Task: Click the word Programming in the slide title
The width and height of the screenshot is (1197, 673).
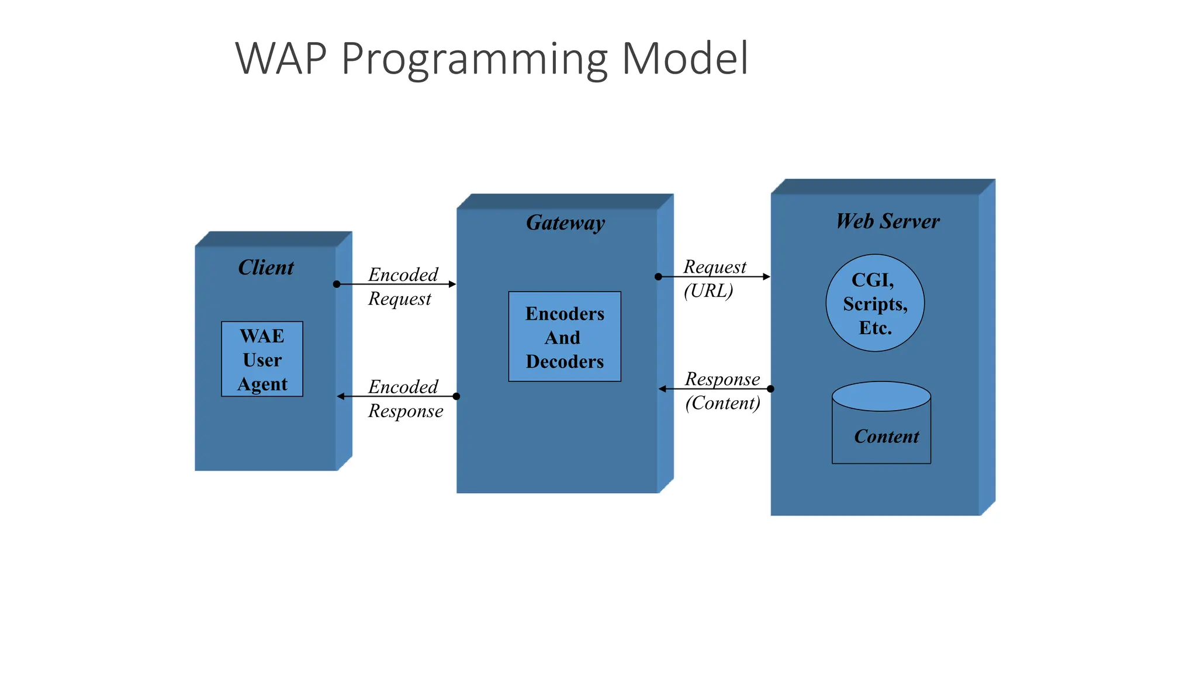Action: click(x=475, y=60)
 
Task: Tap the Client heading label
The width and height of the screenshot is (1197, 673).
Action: click(x=266, y=268)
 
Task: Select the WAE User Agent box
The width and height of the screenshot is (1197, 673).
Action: click(x=262, y=359)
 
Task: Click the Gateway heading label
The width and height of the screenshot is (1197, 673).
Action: click(x=565, y=223)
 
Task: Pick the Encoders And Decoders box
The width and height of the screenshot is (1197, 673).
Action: click(x=565, y=337)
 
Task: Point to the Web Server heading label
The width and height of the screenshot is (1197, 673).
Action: click(x=887, y=221)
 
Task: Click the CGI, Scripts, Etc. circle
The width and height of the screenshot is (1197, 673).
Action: click(x=875, y=303)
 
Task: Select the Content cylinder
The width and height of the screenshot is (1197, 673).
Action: click(x=881, y=424)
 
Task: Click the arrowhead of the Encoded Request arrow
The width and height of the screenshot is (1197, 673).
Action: click(x=452, y=284)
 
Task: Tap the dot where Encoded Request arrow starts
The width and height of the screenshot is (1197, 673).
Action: click(x=337, y=284)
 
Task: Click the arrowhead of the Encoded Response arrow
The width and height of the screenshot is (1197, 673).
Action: click(x=341, y=397)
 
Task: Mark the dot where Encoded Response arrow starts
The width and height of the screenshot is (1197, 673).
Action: click(x=456, y=397)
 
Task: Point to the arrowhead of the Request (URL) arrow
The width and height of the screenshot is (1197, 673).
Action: click(x=766, y=276)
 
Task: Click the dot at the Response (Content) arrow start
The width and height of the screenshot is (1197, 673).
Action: click(x=770, y=388)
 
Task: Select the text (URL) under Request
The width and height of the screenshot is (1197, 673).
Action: click(x=708, y=290)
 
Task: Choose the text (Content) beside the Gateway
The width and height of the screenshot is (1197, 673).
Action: click(x=722, y=403)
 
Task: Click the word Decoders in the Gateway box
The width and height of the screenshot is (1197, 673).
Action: click(x=565, y=362)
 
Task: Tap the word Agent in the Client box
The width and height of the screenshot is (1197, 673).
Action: click(x=262, y=384)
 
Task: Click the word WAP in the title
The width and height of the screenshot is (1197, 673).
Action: click(x=281, y=60)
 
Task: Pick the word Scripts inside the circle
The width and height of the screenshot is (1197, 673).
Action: click(x=875, y=304)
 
